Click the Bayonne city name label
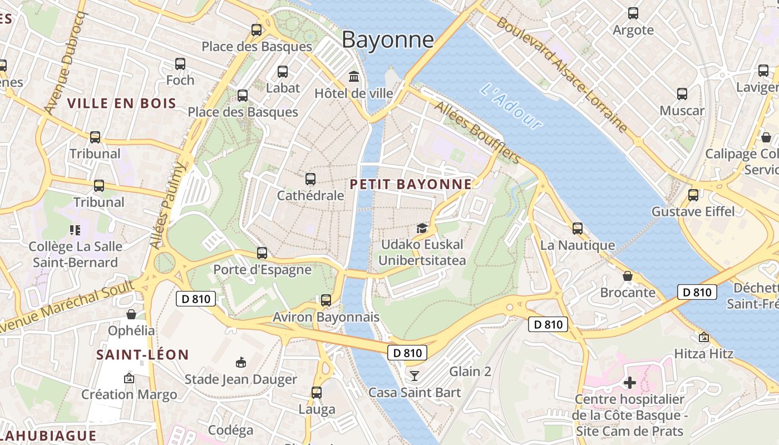388,39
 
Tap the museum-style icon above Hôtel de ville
354,76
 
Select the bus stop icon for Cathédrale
310,179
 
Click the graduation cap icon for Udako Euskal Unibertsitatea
422,228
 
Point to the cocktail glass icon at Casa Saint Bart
415,375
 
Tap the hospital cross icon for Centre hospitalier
630,383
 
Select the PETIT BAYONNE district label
411,184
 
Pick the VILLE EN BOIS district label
122,103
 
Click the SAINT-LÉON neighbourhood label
143,354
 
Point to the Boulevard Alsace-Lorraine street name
562,75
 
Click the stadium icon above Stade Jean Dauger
241,363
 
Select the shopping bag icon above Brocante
628,276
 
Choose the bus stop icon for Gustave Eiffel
693,195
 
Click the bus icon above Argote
633,13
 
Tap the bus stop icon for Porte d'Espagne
262,253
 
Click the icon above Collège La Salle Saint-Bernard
75,230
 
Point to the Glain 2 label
470,371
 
